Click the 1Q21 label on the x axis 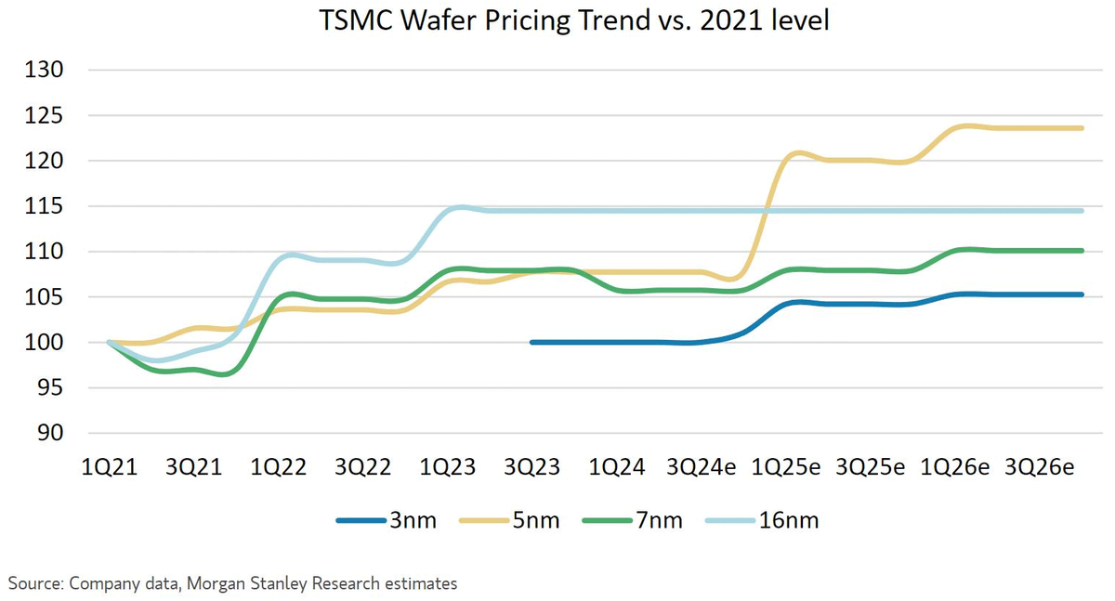[x=110, y=467]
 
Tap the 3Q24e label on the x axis [x=702, y=467]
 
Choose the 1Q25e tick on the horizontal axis [x=787, y=467]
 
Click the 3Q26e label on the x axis [x=1041, y=467]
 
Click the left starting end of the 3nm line [x=532, y=342]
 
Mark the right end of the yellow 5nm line [x=1082, y=128]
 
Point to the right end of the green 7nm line [x=1082, y=250]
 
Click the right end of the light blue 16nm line [x=1082, y=211]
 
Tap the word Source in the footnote [x=33, y=583]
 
